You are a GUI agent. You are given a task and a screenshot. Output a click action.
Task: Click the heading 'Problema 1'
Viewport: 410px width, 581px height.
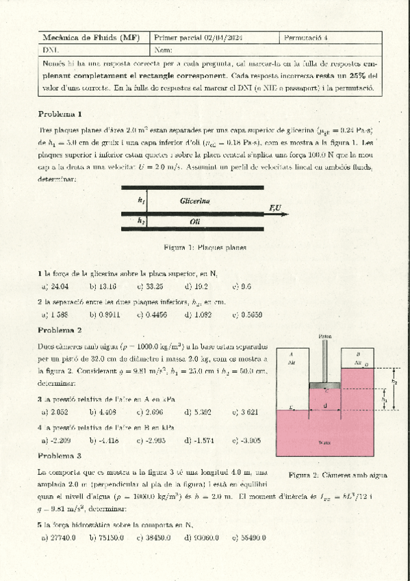click(x=60, y=114)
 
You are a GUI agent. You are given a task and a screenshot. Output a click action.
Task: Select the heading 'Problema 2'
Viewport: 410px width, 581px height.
click(x=60, y=330)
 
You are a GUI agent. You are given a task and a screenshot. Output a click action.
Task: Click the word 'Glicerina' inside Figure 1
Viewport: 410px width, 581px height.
click(x=195, y=201)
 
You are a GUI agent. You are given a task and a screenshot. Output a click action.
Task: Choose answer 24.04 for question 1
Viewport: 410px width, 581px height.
click(x=59, y=286)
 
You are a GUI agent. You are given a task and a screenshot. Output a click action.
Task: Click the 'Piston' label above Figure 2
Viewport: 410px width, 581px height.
click(x=325, y=336)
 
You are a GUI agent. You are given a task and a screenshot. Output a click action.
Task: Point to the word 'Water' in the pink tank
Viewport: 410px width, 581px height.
click(x=325, y=443)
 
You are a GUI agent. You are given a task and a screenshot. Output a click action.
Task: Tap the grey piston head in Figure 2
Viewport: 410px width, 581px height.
click(x=325, y=385)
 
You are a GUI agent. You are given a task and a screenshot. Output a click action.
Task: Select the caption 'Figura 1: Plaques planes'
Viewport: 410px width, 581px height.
click(x=205, y=247)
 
